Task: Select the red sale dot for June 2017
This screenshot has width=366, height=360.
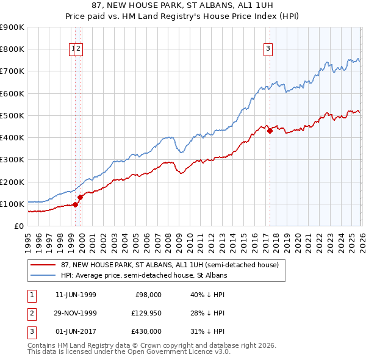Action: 270,131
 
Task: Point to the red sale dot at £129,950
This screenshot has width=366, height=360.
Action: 80,197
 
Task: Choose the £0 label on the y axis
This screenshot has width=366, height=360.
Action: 18,226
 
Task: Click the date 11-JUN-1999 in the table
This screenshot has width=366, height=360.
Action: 76,295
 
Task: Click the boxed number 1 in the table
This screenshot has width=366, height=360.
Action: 31,295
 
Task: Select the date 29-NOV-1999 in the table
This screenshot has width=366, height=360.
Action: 76,313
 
